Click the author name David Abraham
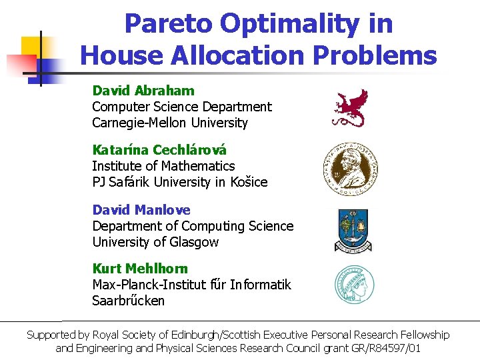[x=143, y=91]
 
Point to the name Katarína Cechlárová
[x=159, y=150]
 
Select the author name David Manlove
[x=141, y=210]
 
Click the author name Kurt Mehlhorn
[x=140, y=269]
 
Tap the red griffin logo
[x=350, y=107]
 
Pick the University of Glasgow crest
[x=353, y=230]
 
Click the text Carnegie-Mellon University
[x=169, y=123]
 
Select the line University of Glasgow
[x=155, y=242]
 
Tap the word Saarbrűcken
[x=128, y=301]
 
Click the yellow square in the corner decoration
[x=33, y=47]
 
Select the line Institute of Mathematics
[x=163, y=166]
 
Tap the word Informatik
[x=261, y=285]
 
